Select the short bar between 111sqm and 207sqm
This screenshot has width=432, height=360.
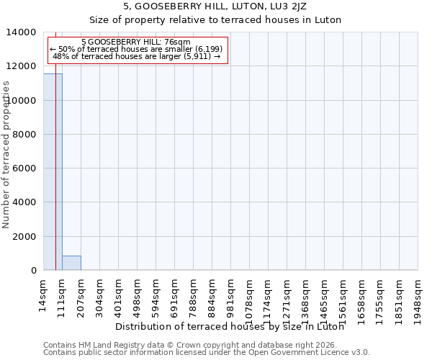point(71,263)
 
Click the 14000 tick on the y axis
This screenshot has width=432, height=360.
point(22,32)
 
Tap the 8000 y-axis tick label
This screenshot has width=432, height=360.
point(25,135)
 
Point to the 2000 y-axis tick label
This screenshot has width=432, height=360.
point(25,236)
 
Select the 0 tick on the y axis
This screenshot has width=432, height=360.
point(34,271)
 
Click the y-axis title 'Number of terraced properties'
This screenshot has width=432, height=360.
point(6,154)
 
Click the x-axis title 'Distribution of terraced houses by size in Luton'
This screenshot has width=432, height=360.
point(230,326)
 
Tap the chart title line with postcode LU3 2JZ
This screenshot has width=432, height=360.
point(215,6)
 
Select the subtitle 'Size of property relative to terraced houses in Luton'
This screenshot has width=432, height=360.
point(215,19)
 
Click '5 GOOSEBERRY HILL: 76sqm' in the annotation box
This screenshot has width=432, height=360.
point(136,42)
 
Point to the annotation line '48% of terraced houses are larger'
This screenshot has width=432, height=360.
point(136,56)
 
